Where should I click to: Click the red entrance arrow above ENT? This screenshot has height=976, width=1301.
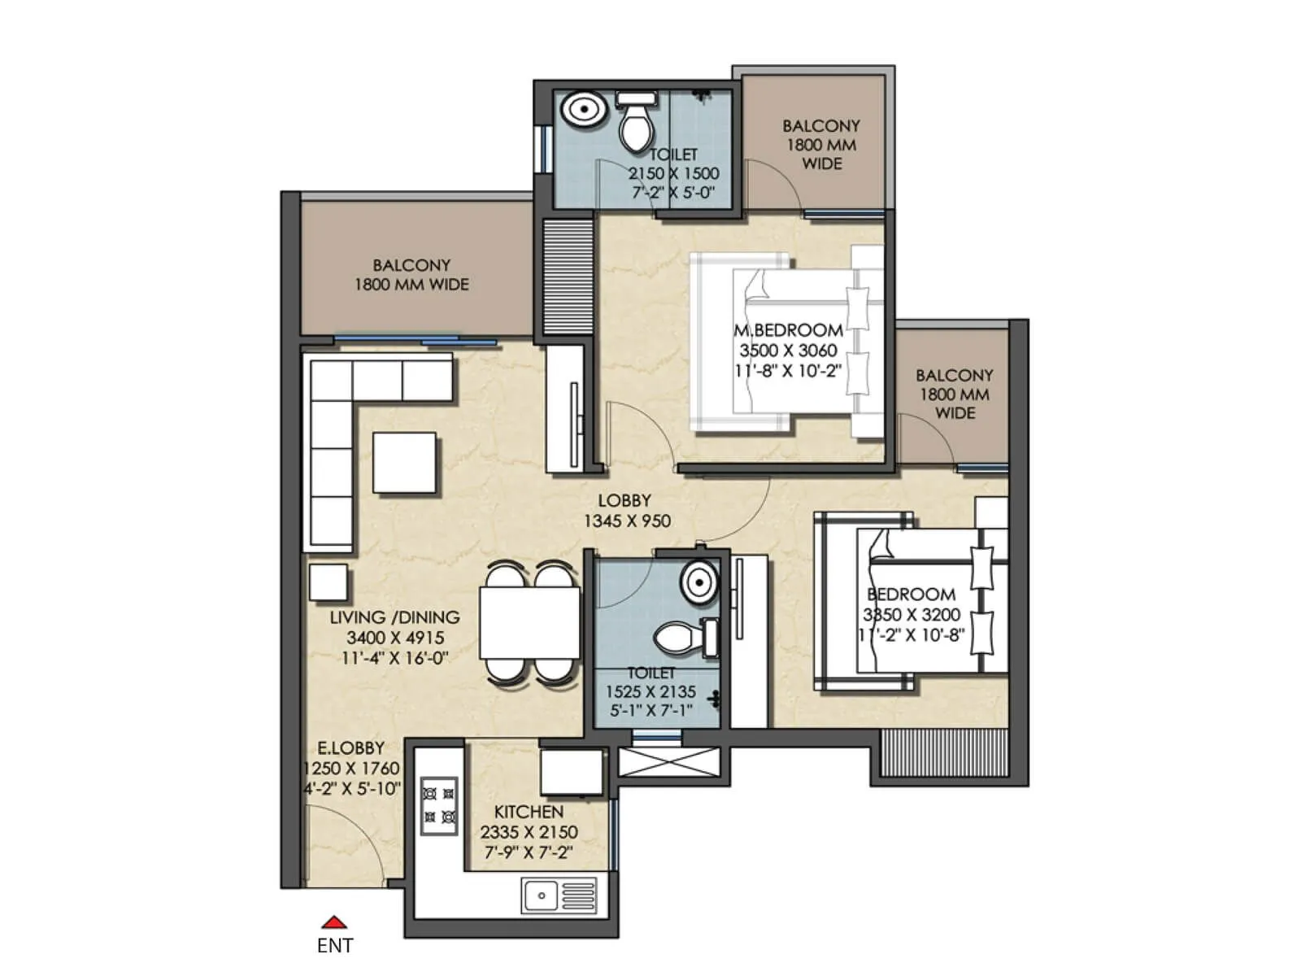point(334,922)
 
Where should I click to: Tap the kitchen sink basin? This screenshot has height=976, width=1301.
point(540,895)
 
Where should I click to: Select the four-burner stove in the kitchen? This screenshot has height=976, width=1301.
point(438,804)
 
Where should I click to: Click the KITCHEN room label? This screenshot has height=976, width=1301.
point(529,812)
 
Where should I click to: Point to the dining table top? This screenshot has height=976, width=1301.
point(529,623)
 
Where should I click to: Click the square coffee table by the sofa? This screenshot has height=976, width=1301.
point(404,462)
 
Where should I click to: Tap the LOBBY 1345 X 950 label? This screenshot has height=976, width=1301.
point(626,511)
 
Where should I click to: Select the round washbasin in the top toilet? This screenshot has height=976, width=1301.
point(582,110)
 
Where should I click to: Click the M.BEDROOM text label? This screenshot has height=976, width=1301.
point(788,330)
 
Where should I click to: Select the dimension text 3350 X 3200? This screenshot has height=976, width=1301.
point(912,615)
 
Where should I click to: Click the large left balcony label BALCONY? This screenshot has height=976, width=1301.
point(411,265)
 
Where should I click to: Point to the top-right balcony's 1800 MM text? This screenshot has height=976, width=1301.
point(820,145)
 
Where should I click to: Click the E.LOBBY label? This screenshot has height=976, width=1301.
point(350,747)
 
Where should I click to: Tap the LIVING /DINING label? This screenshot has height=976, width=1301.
point(394,617)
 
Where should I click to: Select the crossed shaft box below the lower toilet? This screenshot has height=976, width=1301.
point(668,762)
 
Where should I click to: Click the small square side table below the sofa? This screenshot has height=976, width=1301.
point(328,582)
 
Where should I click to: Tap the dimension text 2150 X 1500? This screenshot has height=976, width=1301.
point(673,173)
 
